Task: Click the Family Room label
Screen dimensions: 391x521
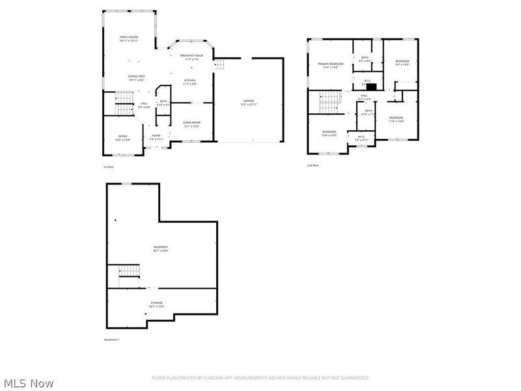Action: [x=128, y=38]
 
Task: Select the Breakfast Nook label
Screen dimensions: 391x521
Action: [x=192, y=57]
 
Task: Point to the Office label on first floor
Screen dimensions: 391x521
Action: [x=122, y=138]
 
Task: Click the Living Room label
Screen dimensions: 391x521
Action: [x=191, y=124]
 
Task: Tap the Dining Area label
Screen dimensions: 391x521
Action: [x=136, y=78]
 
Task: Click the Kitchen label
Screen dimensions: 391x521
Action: [x=189, y=82]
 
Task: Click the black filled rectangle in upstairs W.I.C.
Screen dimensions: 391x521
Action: [x=372, y=85]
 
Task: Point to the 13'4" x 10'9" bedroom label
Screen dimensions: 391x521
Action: [x=329, y=134]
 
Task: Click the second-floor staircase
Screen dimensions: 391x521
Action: [x=330, y=101]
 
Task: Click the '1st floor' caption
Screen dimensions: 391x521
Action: [x=109, y=167]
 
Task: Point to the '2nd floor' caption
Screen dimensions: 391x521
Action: [x=313, y=166]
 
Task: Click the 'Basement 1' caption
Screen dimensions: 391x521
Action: [x=112, y=340]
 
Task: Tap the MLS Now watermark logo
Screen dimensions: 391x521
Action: [x=28, y=383]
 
